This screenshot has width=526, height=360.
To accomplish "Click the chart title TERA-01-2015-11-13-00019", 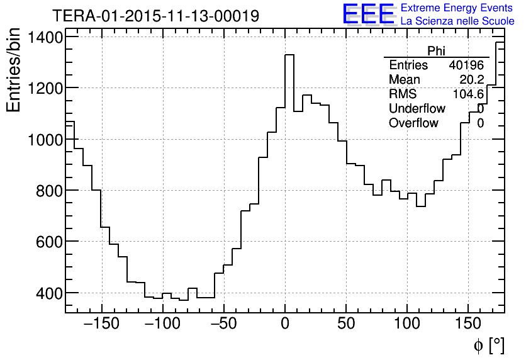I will pos(155,16).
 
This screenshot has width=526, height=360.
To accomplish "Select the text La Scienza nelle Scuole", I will pos(457,21).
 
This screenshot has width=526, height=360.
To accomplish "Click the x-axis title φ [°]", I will pos(488,345).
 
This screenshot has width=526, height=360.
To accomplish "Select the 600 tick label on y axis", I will pos(50,242).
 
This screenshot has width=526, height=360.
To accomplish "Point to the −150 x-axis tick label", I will pos(101,324).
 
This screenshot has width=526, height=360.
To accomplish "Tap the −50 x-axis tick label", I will pos(224,324).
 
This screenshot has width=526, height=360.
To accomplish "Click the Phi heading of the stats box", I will pos(436,51).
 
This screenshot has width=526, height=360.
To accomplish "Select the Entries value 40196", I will pos(466,65).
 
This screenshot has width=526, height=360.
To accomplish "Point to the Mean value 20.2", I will pos(472,80).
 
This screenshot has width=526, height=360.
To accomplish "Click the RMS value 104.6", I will pos(468,94).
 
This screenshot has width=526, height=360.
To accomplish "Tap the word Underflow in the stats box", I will pos(417,109).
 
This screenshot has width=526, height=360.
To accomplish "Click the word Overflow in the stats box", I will pos(413,123).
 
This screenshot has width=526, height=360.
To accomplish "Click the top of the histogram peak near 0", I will pos(289,55).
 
